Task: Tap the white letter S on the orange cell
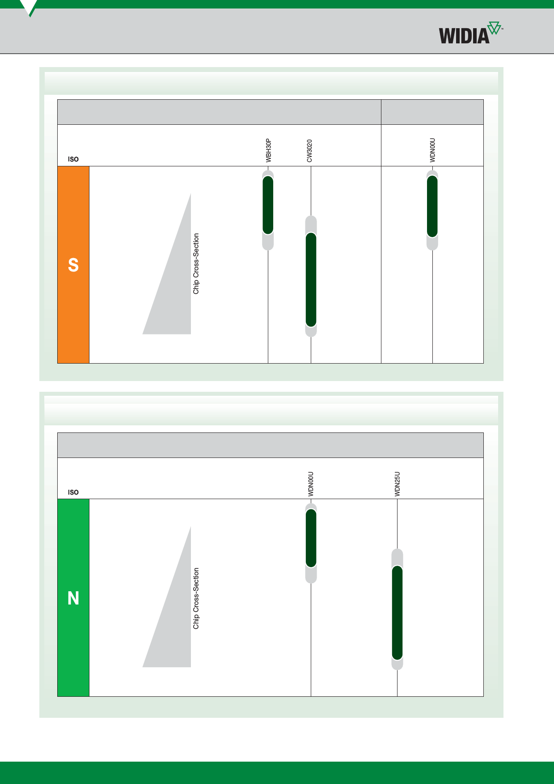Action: click(x=73, y=265)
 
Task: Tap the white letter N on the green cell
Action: click(x=73, y=598)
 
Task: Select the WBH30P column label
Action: click(x=268, y=150)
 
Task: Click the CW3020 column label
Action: click(x=309, y=151)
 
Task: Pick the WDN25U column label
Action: click(x=397, y=484)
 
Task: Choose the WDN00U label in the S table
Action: click(x=432, y=150)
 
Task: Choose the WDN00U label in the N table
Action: click(x=311, y=484)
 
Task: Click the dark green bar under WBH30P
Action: click(x=268, y=205)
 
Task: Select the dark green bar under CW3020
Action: click(x=311, y=280)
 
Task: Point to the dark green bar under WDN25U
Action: click(x=397, y=613)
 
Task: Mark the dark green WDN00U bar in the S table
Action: click(x=432, y=206)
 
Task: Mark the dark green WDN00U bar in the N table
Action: click(x=311, y=538)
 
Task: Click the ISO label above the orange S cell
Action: click(x=73, y=159)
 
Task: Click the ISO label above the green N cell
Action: click(x=73, y=492)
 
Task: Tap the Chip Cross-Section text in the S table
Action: click(x=196, y=263)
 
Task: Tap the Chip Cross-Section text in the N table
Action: click(x=196, y=598)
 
